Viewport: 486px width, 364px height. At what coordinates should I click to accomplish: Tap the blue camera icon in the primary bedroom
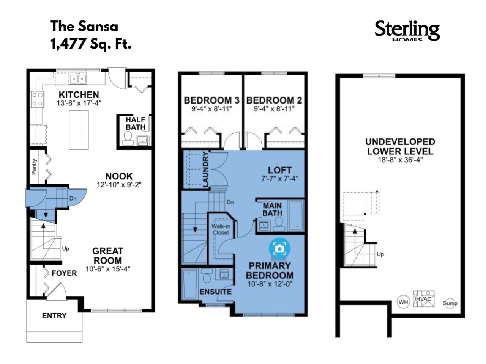(x=279, y=249)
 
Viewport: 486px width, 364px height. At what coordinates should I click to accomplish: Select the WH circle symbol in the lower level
(x=403, y=302)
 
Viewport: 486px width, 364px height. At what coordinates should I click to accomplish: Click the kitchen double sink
(x=77, y=78)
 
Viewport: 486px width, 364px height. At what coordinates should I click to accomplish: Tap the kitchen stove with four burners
(x=37, y=99)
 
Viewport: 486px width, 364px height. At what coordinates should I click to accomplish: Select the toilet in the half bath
(x=128, y=138)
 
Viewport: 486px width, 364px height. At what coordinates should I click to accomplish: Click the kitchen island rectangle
(x=79, y=130)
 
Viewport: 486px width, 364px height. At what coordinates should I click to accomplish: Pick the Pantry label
(x=34, y=166)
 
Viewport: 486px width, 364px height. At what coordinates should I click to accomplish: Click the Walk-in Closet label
(x=221, y=229)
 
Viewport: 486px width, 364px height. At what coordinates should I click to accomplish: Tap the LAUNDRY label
(x=206, y=169)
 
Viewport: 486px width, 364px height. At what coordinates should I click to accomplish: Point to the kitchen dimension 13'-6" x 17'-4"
(x=79, y=103)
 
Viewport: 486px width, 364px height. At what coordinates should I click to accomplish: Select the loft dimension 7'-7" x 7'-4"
(x=280, y=178)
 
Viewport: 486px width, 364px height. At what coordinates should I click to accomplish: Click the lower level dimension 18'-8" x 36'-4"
(x=400, y=160)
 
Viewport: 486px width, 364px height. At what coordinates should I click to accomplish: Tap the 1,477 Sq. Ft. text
(x=91, y=44)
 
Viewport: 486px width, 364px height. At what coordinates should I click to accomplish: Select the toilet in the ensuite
(x=207, y=277)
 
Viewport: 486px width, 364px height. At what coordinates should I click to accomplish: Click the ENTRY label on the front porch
(x=54, y=315)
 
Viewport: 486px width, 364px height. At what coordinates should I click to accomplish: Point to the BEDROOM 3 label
(x=211, y=100)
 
